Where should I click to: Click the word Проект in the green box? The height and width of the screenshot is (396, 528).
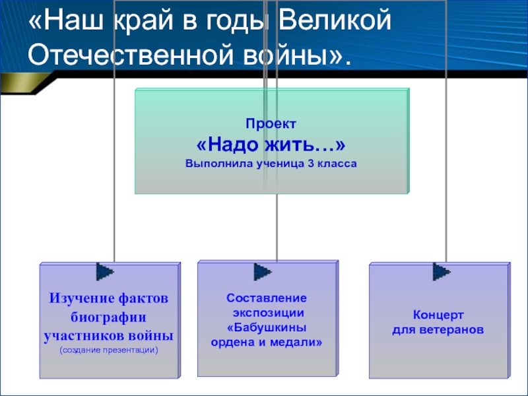[271, 123]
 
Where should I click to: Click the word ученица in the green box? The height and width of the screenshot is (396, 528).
[274, 162]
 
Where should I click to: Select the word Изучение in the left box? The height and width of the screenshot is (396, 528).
[78, 298]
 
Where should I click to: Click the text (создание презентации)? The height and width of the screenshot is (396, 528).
[109, 349]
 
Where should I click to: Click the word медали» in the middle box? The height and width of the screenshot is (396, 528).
[298, 342]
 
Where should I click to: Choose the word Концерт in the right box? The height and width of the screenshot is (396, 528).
[438, 314]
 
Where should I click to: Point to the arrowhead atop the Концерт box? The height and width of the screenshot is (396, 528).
[441, 271]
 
